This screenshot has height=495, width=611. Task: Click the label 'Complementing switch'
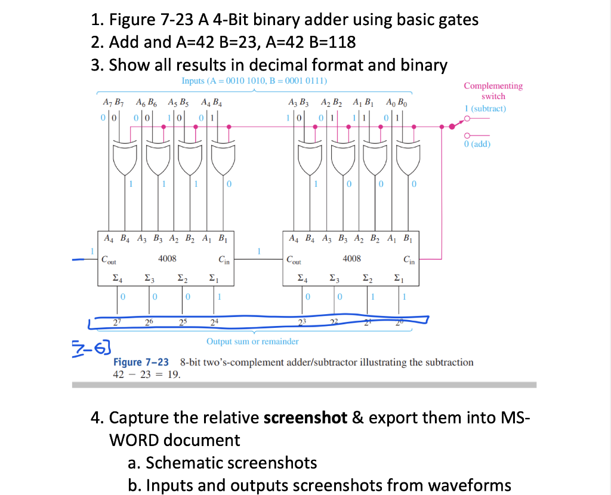tap(493, 91)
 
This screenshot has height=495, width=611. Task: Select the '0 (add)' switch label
tap(477, 144)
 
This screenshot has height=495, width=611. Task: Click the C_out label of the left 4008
tap(109, 260)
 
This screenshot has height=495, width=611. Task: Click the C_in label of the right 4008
tap(409, 260)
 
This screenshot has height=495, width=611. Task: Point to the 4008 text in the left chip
tap(167, 259)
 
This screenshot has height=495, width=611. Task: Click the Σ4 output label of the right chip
tap(302, 278)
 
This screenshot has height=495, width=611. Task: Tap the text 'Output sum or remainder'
tap(252, 342)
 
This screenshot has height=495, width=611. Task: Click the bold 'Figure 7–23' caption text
tap(141, 362)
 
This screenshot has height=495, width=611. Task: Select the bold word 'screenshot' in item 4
tap(305, 417)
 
